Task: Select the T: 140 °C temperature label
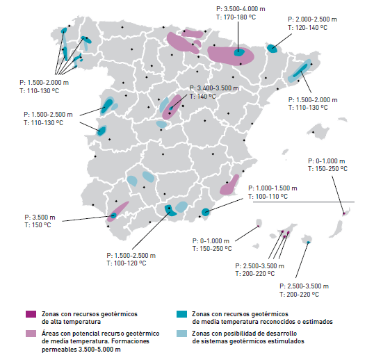[x=202, y=97]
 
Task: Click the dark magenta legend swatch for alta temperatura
[x=29, y=314]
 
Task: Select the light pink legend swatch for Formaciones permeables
[x=29, y=334]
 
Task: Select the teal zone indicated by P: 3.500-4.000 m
[x=239, y=51]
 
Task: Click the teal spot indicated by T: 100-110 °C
[x=206, y=212]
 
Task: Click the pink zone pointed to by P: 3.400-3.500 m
[x=172, y=106]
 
